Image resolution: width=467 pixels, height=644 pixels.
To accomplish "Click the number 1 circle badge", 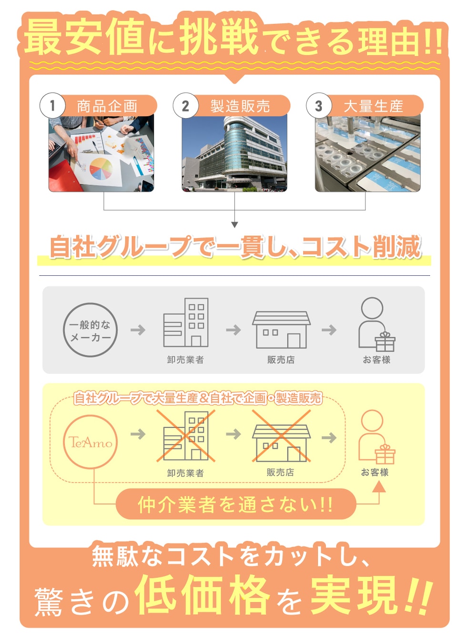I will (x=52, y=105).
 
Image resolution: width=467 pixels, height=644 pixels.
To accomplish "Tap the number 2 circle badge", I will (x=185, y=105).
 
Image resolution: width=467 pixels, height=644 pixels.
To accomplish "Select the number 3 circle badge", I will (x=319, y=105).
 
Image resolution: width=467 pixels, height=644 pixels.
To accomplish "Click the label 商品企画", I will (x=107, y=106).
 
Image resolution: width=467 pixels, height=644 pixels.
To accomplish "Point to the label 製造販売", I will (x=240, y=106).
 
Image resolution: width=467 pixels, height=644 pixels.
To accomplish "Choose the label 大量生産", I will (x=374, y=106).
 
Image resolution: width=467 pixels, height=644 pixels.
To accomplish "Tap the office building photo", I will (x=234, y=153).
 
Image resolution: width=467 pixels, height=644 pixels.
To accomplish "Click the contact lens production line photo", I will (x=367, y=153).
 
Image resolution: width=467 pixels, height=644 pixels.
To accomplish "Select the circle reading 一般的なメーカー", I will (x=90, y=330).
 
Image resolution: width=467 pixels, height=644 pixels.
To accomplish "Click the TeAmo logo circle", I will (x=91, y=442).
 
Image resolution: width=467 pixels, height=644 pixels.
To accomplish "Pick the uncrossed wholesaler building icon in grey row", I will (x=186, y=323).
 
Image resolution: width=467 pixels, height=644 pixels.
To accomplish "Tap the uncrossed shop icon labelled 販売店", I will (x=281, y=330).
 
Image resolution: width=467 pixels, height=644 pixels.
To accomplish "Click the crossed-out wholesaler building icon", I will (x=186, y=436).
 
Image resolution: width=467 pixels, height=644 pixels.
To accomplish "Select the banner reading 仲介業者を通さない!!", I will (x=236, y=504).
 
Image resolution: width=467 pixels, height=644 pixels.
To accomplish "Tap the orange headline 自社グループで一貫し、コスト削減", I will (x=235, y=247).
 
